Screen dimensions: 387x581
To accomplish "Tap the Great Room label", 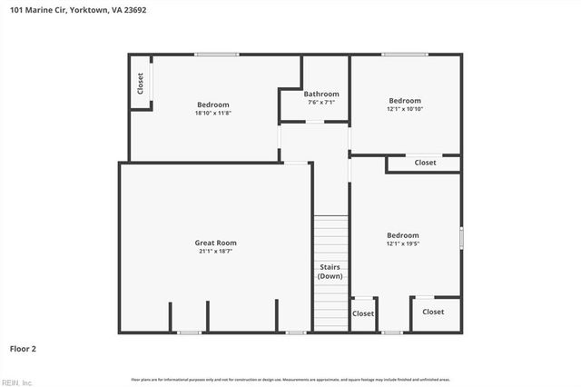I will click(x=215, y=243).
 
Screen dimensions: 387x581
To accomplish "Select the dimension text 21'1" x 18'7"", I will click(x=215, y=252).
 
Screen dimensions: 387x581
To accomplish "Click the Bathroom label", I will click(x=321, y=94).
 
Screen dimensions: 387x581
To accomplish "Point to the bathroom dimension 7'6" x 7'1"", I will click(x=321, y=103).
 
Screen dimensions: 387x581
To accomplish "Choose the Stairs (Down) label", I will click(x=330, y=271).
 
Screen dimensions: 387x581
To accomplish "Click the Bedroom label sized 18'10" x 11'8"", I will click(x=213, y=104).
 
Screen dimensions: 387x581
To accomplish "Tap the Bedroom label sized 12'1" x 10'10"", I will click(x=405, y=100).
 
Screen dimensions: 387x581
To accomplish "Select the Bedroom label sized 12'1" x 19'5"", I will click(x=403, y=234).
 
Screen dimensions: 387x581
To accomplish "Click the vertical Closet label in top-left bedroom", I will click(x=141, y=84).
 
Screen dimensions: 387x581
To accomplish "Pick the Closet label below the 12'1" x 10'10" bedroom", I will click(x=425, y=163).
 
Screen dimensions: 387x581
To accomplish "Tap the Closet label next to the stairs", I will click(x=363, y=313).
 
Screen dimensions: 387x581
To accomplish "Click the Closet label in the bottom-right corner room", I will click(x=433, y=312).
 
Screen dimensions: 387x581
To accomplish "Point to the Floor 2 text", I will click(x=24, y=348).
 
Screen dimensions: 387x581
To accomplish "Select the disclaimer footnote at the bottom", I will click(x=290, y=380).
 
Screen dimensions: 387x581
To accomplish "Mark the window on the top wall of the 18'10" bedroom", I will click(x=217, y=55).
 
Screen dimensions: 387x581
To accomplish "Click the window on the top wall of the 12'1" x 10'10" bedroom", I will click(x=404, y=55).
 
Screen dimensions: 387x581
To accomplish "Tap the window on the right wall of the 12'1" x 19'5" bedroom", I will click(x=461, y=238).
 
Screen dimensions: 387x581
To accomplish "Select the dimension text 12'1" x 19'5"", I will click(x=403, y=243).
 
